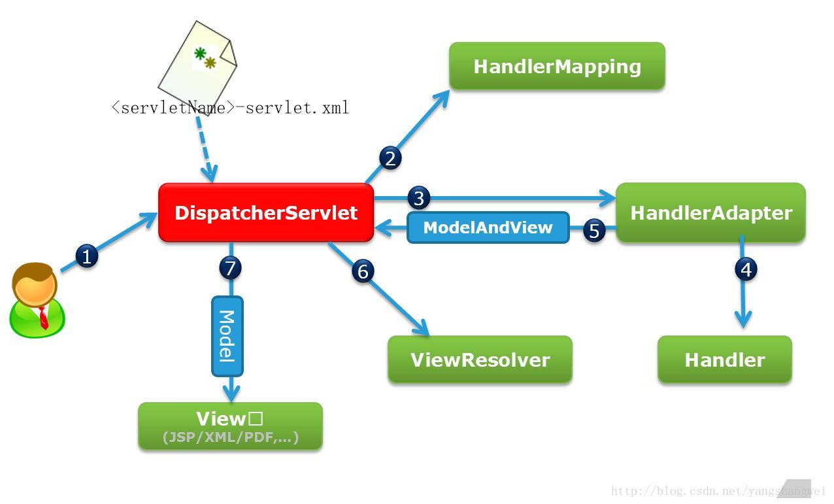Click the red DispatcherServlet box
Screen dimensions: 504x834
point(266,212)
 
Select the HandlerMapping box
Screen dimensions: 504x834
point(557,66)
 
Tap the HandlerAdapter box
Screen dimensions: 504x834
point(710,212)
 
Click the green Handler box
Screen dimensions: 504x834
point(724,360)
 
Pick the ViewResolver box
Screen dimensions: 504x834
point(480,360)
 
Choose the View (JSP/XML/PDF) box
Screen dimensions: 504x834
point(230,426)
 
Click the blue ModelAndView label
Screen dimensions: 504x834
point(488,227)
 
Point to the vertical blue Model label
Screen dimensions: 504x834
point(227,336)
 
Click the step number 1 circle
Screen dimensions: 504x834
point(86,256)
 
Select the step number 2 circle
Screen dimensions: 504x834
point(390,158)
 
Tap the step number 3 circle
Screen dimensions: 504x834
point(418,197)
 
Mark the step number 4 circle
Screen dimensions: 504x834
point(746,269)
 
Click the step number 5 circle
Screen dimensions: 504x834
point(593,231)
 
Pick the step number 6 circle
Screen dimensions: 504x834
point(363,271)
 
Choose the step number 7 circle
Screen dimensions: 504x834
point(230,267)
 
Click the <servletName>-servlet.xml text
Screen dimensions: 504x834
point(230,107)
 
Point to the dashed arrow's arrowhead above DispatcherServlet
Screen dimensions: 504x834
point(209,175)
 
